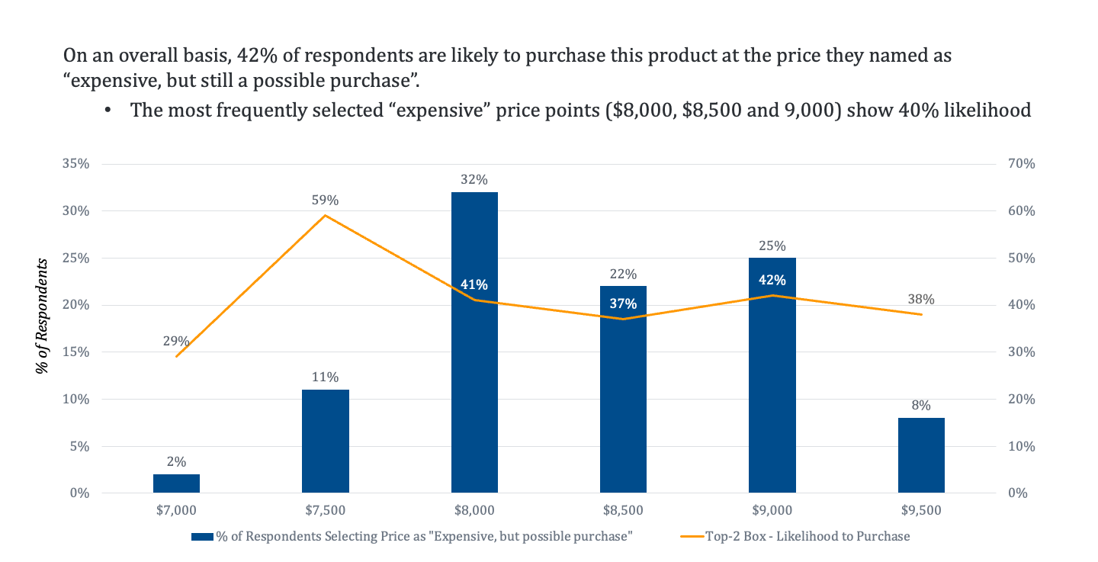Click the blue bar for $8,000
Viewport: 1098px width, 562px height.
pyautogui.click(x=474, y=381)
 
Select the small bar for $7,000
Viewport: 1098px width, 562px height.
pyautogui.click(x=176, y=483)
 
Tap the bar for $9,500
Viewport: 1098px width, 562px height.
pyautogui.click(x=921, y=455)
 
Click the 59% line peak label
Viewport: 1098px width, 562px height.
pyautogui.click(x=325, y=201)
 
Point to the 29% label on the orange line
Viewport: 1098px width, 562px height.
pyautogui.click(x=176, y=341)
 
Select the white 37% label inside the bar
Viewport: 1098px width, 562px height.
pyautogui.click(x=623, y=303)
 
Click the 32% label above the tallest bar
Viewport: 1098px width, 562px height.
pyautogui.click(x=474, y=180)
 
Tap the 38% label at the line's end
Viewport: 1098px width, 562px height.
pyautogui.click(x=921, y=299)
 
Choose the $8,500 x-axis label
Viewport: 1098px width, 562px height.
pyautogui.click(x=623, y=510)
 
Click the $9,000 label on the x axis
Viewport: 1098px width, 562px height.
pyautogui.click(x=772, y=510)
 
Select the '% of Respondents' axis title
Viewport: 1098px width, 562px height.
pyautogui.click(x=43, y=316)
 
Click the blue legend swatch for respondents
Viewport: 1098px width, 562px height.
pyautogui.click(x=202, y=536)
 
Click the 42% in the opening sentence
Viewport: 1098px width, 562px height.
pyautogui.click(x=252, y=56)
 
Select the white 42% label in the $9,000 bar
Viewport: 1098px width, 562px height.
pyautogui.click(x=772, y=280)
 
